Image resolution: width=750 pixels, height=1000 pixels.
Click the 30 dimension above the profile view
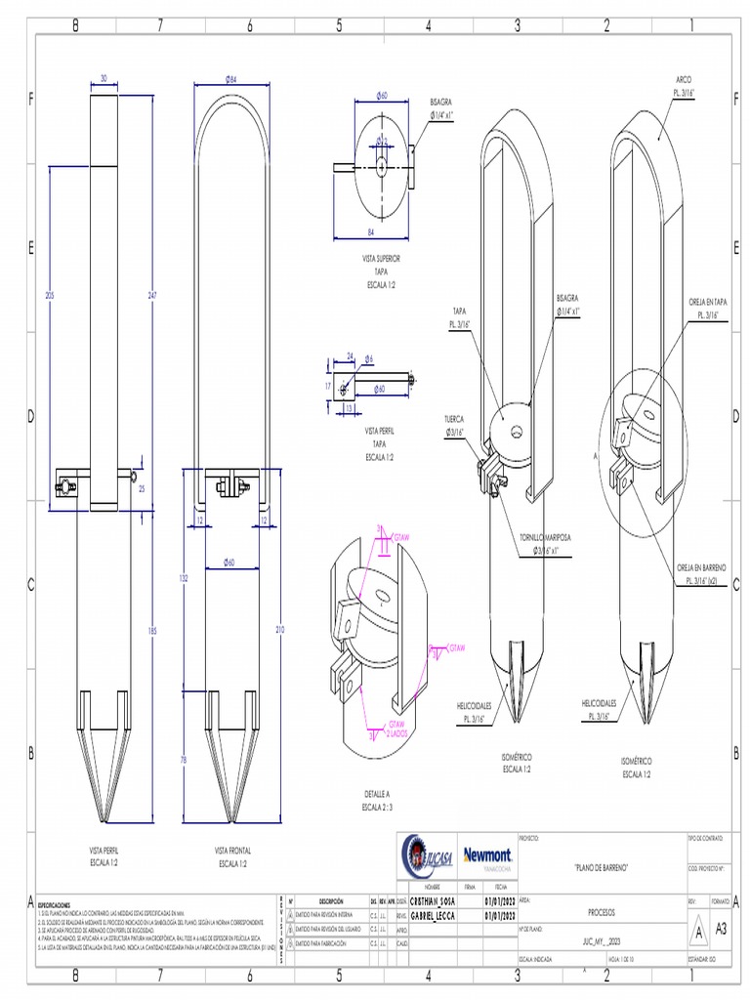(x=104, y=79)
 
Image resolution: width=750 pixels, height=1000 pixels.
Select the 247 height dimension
(x=150, y=295)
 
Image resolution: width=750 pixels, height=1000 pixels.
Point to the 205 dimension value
(x=49, y=295)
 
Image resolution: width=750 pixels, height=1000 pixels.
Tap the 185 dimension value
(x=151, y=632)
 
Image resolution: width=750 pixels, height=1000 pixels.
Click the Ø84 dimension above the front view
(x=231, y=79)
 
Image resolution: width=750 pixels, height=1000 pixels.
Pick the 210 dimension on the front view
(x=280, y=631)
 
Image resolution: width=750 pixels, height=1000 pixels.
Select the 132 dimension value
(x=184, y=578)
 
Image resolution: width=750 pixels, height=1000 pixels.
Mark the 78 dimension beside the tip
(x=184, y=759)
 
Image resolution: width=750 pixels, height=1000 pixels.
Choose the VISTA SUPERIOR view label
(x=381, y=259)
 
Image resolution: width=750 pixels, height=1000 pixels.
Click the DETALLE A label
(x=376, y=794)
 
